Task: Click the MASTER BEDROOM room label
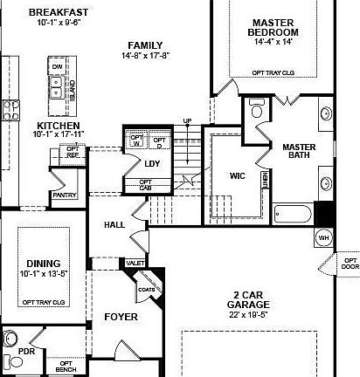(273, 27)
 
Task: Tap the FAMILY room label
(144, 45)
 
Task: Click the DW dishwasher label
(57, 66)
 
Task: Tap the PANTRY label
(65, 195)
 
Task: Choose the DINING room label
(43, 263)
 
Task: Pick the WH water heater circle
(323, 237)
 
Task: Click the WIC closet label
(238, 175)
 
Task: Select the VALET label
(135, 262)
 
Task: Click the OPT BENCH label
(66, 367)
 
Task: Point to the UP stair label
(186, 120)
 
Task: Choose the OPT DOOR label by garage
(349, 264)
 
